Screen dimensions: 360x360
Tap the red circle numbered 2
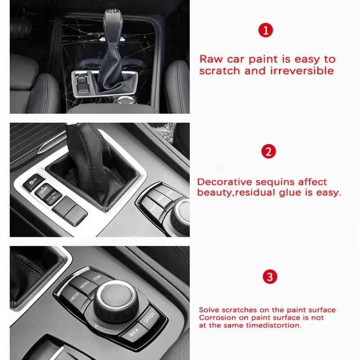click(x=268, y=152)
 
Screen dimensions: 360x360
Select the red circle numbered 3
click(x=269, y=276)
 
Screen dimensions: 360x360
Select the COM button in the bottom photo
click(x=97, y=278)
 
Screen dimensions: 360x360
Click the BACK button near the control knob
click(x=134, y=331)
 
